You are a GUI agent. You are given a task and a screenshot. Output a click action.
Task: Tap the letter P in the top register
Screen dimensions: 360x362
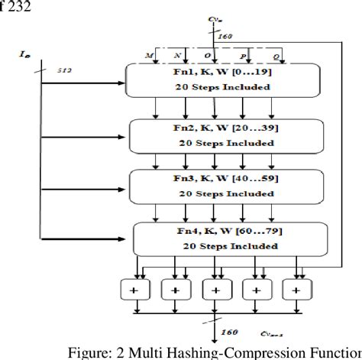point(244,56)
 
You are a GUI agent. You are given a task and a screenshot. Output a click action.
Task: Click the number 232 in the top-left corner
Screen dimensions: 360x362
point(15,10)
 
